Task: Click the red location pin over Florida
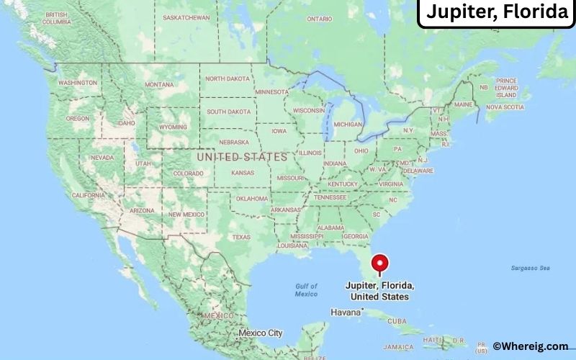point(379,264)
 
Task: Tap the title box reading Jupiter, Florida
point(497,13)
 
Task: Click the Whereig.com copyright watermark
point(531,346)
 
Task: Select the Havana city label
point(344,312)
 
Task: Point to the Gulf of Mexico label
point(306,289)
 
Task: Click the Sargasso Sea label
point(531,268)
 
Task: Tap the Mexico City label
point(260,333)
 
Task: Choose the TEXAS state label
point(241,237)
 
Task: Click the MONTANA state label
point(159,84)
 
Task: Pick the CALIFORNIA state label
point(89,195)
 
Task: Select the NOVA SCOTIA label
point(504,107)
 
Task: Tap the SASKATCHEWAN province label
point(186,17)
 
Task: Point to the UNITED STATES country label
point(241,156)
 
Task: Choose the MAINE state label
point(462,104)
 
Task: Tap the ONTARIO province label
point(320,18)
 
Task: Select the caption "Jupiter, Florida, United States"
point(379,291)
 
